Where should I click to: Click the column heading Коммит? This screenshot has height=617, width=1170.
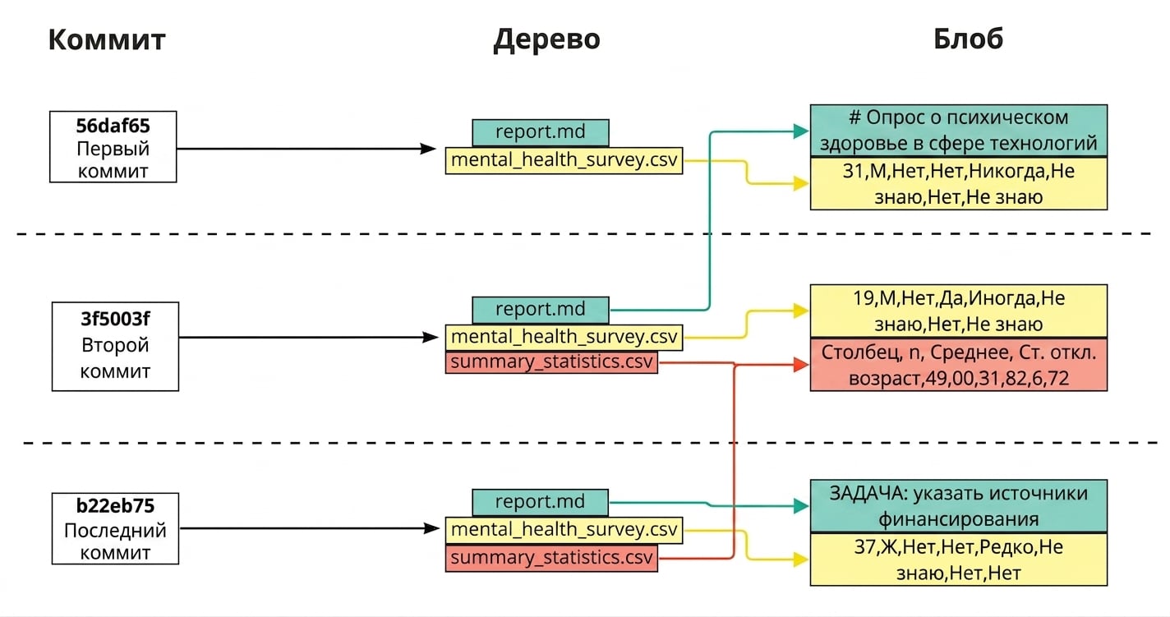coord(107,39)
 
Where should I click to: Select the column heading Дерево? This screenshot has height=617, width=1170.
coord(547,39)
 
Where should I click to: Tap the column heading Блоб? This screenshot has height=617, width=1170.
coord(968,39)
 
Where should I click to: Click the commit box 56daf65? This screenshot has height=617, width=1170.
coord(113,147)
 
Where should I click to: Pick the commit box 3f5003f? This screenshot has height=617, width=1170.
coord(115,347)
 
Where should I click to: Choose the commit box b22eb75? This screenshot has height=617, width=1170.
coord(115,529)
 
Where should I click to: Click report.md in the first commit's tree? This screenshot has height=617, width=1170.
coord(540,132)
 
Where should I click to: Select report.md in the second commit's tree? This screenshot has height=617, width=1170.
coord(540,309)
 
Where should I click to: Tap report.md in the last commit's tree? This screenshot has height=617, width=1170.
coord(540,502)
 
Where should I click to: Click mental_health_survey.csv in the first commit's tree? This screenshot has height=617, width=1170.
coord(564,160)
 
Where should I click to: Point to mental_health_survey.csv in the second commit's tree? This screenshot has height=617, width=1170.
coord(564,338)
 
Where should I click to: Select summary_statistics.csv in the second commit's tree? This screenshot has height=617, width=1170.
coord(551,362)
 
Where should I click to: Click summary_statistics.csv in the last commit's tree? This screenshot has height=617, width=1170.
coord(551,558)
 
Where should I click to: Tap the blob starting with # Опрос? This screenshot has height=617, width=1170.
coord(959,131)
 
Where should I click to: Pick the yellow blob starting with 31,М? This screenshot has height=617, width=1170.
coord(959,184)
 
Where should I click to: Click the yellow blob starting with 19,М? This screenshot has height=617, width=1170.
coord(959,311)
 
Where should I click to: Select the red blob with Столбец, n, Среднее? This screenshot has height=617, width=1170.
coord(959,365)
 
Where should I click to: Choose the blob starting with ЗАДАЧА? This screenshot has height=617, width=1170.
coord(959,506)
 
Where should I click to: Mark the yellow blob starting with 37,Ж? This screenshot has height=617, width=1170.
coord(959,559)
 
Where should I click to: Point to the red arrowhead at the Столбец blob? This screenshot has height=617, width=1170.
coord(801,365)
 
